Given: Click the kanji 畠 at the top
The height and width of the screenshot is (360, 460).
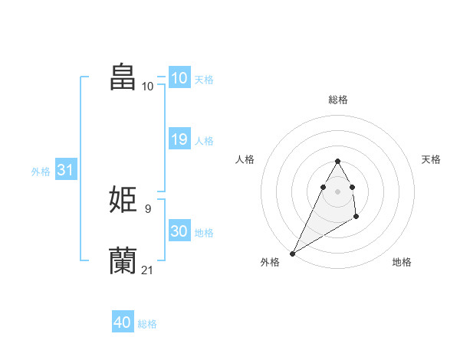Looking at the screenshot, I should point(123,77).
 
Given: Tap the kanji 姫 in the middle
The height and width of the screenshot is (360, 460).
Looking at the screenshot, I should point(123,200).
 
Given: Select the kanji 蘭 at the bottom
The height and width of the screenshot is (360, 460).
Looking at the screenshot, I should point(123,260).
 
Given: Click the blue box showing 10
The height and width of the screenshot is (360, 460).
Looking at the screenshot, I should point(179,78).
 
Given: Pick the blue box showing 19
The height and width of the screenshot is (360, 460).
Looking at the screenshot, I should point(179,139).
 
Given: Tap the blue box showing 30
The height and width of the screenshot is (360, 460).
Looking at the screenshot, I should point(179,231).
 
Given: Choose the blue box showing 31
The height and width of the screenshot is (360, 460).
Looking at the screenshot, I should point(65,170).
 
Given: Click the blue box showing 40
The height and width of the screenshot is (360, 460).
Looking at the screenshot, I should point(123,322).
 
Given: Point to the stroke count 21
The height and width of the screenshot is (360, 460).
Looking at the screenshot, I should point(147,269).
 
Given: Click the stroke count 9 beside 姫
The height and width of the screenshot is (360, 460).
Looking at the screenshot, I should point(147,208).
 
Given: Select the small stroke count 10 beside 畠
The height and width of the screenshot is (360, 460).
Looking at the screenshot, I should point(147,86).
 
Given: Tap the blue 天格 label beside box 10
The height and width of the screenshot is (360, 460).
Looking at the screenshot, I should point(204,80).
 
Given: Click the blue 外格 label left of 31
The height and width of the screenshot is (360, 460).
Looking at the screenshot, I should point(41,172).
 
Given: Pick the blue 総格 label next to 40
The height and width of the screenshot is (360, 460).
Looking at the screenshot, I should point(147,324).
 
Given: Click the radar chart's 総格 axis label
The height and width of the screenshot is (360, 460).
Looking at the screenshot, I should point(337,100).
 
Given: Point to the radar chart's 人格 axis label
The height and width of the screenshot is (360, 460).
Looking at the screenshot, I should point(245,159).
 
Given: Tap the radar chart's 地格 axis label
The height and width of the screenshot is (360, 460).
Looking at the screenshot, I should point(402,262).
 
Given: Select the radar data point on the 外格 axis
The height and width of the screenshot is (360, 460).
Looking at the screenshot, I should point(292,253).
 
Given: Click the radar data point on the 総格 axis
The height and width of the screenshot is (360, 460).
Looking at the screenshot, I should point(337,161).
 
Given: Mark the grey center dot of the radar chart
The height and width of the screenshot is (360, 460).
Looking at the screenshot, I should point(337,191).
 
